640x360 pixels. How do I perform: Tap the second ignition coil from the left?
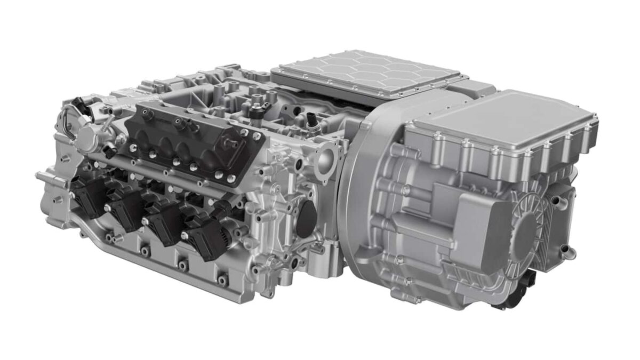[x=124, y=209]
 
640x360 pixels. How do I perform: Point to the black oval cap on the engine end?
[x=306, y=219]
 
